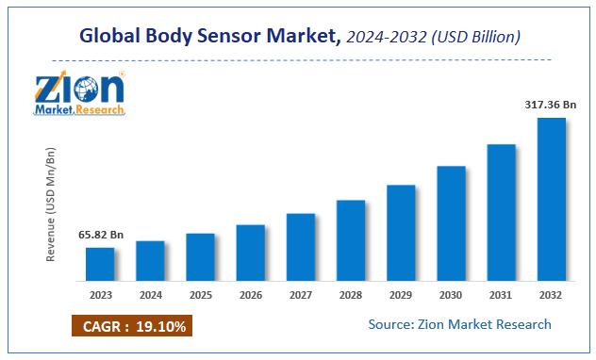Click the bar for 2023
(100, 264)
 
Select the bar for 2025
(200, 256)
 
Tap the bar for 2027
(300, 247)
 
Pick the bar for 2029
(401, 233)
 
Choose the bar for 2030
(451, 223)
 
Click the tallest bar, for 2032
(552, 199)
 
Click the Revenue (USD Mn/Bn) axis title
(52, 205)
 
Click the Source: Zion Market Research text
(459, 324)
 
